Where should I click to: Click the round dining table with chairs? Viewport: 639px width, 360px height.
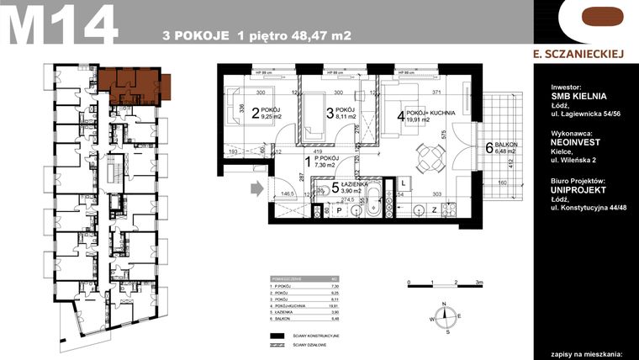coord(430,155)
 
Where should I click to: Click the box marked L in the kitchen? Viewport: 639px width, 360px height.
coord(403,183)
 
